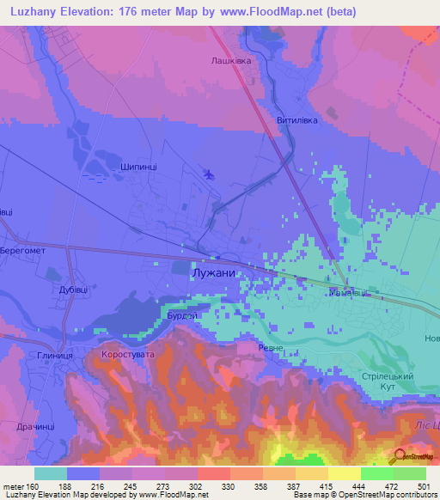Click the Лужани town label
click(x=211, y=271)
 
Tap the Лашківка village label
click(x=230, y=61)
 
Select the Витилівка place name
click(x=297, y=120)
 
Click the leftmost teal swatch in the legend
click(x=51, y=473)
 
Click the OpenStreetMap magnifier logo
click(x=398, y=457)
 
